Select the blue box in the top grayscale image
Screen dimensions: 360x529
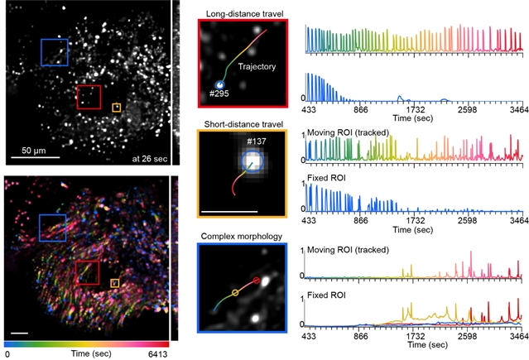pos(55,51)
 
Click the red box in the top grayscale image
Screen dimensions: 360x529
pos(89,96)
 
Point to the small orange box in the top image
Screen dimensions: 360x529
pos(117,107)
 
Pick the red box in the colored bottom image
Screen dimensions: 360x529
pos(87,273)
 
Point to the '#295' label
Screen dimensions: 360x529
pos(219,94)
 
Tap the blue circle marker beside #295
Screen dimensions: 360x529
pos(220,84)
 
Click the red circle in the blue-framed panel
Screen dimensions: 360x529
pos(257,281)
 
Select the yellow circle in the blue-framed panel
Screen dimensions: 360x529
pos(235,292)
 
